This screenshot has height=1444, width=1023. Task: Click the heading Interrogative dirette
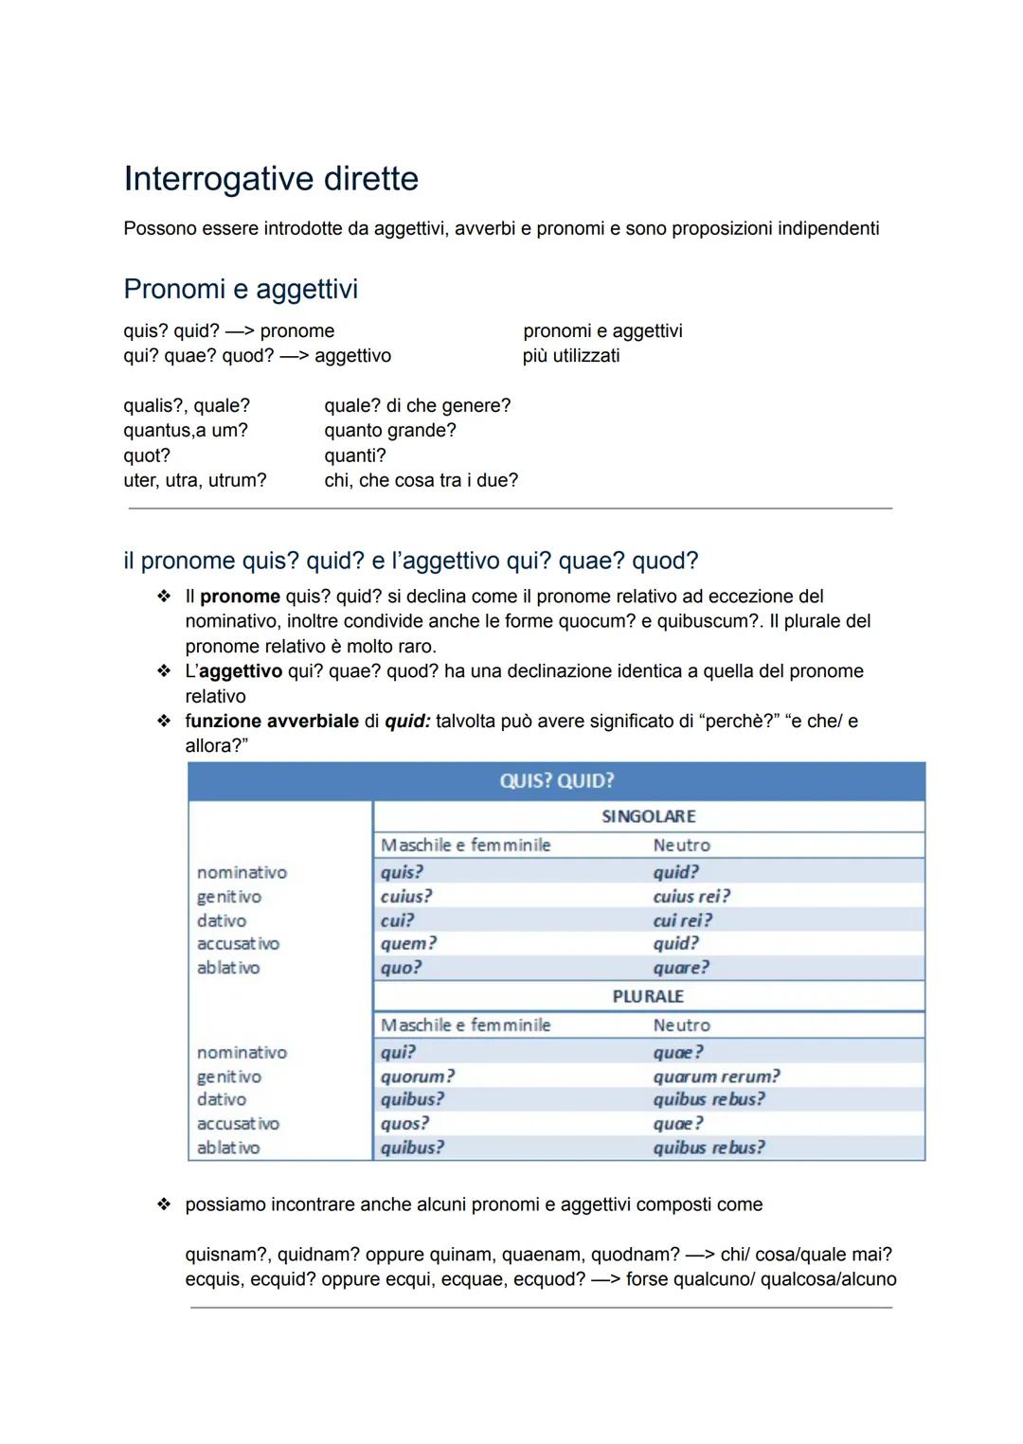tap(271, 179)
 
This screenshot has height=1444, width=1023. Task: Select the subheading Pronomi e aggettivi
tap(241, 289)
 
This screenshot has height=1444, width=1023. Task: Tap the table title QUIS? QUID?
tap(556, 781)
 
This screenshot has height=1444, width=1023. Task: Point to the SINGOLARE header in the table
tap(648, 816)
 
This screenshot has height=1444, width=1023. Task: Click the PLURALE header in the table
tap(648, 996)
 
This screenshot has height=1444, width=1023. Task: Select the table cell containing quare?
tap(680, 968)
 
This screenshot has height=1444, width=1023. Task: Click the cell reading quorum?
tap(418, 1077)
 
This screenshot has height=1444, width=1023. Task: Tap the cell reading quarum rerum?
tap(716, 1077)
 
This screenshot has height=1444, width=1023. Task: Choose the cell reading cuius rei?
tap(691, 897)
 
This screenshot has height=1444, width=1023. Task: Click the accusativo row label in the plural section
tap(238, 1124)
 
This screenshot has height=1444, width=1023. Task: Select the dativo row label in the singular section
tap(222, 920)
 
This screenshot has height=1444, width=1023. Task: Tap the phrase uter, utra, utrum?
tap(195, 480)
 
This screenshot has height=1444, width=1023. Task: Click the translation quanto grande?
tap(390, 431)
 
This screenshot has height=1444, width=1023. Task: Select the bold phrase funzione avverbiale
tap(272, 722)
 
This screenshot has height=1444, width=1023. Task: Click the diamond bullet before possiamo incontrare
tap(164, 1204)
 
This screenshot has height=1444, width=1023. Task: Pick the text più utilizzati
tap(571, 356)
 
